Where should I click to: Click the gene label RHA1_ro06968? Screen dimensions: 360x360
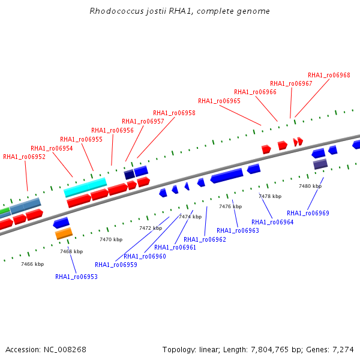(329, 76)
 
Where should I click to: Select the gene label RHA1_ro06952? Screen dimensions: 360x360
(24, 157)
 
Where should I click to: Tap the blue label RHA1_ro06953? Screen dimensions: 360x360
(76, 277)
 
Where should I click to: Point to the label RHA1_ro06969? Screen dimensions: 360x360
(308, 213)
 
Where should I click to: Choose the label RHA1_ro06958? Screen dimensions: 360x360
(174, 113)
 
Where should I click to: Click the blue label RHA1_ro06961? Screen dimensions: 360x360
(175, 247)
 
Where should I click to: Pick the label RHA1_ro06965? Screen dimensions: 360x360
(219, 101)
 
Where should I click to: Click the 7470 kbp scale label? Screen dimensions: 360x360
(111, 239)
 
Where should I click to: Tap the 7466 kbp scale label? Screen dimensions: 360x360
(32, 264)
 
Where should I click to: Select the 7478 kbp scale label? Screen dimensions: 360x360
(270, 196)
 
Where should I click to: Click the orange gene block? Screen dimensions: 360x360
(64, 233)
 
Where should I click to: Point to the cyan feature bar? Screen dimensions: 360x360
(85, 187)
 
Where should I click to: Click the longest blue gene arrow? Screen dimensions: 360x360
(227, 176)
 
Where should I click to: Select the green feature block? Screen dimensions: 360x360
(5, 211)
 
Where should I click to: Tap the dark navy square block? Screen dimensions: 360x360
(129, 174)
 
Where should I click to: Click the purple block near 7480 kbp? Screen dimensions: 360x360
(320, 164)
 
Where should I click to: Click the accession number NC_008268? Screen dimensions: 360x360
(65, 350)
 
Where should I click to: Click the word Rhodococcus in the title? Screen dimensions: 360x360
(116, 11)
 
